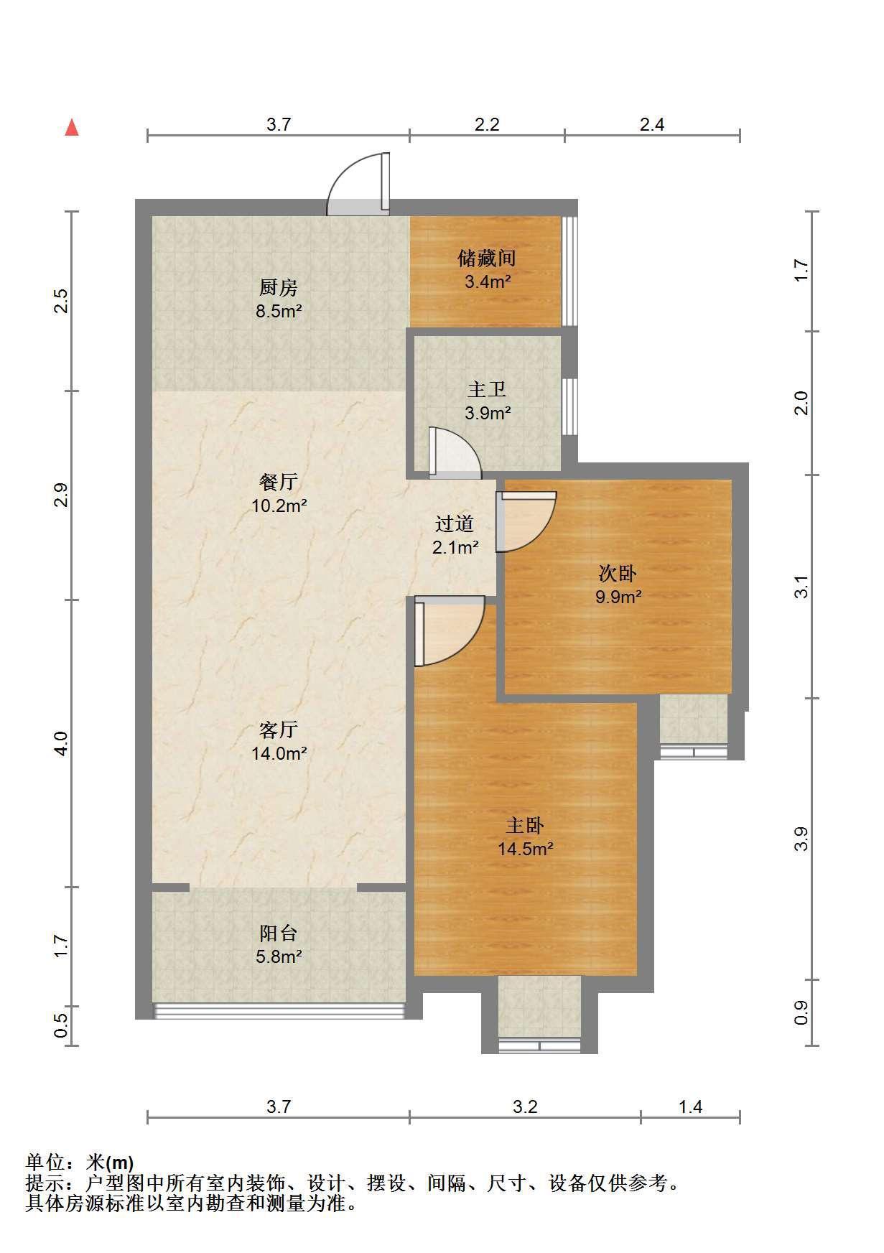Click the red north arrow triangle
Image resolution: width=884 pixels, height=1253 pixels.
click(72, 128)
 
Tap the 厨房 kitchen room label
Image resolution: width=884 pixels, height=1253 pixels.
click(278, 288)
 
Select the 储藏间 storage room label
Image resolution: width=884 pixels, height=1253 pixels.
click(487, 258)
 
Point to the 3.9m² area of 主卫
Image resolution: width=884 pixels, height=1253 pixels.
click(488, 413)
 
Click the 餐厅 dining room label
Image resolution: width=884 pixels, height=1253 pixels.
click(278, 482)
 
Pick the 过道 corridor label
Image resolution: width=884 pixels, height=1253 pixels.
click(455, 524)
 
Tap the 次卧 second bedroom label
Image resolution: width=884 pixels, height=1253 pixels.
click(618, 573)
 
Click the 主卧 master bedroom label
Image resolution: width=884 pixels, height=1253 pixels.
click(525, 825)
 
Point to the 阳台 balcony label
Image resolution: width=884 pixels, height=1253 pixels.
click(278, 933)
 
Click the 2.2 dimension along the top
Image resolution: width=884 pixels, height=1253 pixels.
click(487, 124)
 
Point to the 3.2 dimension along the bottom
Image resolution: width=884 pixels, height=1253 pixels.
click(525, 1107)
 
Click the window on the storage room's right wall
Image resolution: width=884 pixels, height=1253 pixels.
click(569, 271)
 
